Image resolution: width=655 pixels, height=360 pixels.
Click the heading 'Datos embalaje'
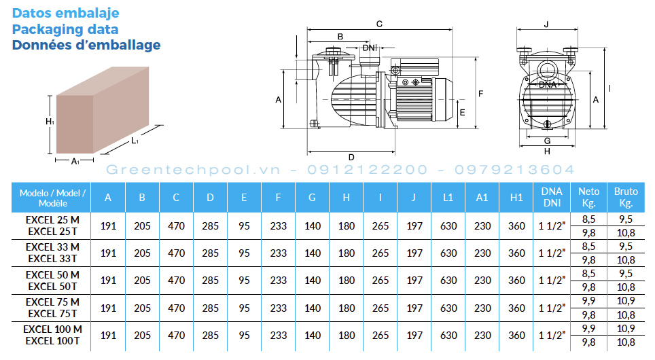(x=66, y=13)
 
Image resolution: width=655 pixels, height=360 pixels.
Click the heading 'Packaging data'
(x=65, y=29)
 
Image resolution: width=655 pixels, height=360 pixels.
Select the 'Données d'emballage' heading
(x=86, y=45)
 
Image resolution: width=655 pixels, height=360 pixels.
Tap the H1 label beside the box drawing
(x=50, y=122)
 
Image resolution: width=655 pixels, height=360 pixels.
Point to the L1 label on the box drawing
(x=135, y=141)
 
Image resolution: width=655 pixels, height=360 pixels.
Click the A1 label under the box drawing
(x=75, y=161)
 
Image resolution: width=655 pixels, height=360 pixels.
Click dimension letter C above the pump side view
(x=379, y=24)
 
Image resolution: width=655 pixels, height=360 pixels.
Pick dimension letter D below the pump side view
(x=351, y=158)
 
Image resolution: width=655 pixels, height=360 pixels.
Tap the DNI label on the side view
(x=370, y=48)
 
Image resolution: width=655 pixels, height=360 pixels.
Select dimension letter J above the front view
(x=546, y=24)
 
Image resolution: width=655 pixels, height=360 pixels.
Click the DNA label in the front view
(x=547, y=85)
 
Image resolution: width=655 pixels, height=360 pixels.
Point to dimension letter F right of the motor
(x=481, y=94)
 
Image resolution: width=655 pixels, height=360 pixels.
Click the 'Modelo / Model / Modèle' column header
(x=52, y=198)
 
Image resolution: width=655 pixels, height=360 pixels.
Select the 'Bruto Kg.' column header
(x=626, y=197)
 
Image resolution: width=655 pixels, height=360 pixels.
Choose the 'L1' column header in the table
(x=448, y=198)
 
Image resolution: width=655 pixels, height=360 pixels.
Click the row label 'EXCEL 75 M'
(x=52, y=302)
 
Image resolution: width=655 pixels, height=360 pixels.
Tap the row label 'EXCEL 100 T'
(x=52, y=341)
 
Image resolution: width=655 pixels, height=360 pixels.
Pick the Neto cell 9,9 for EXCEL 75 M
(x=588, y=301)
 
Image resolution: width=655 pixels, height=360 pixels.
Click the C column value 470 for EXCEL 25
(x=176, y=226)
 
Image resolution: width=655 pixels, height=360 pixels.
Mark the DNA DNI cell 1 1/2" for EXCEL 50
(x=552, y=281)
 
